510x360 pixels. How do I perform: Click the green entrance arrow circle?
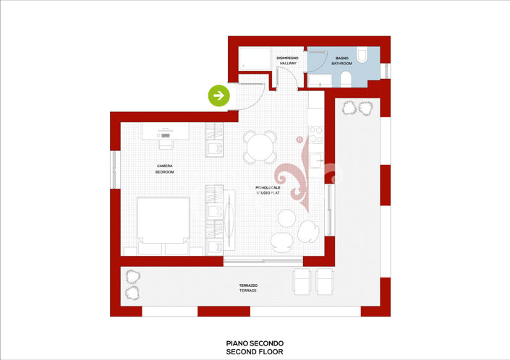tap(219, 95)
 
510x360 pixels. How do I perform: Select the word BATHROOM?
tap(341, 64)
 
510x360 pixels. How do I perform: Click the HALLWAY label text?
tap(289, 64)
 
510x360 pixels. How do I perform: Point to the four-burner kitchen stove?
tap(316, 135)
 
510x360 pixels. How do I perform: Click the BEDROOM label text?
tap(165, 173)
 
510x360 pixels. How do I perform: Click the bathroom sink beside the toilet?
tap(346, 78)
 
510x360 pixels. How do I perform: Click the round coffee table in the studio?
tap(287, 217)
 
